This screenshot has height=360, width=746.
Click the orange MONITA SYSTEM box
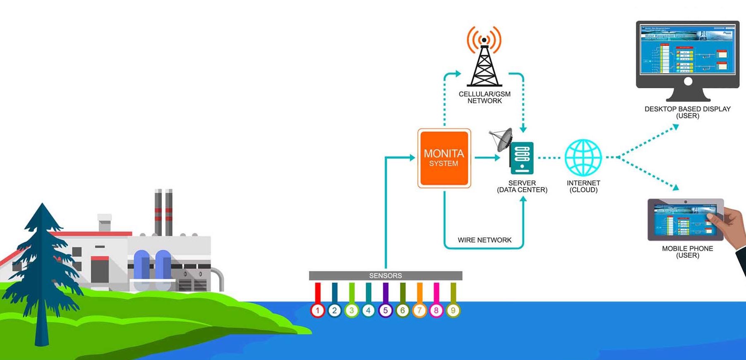pyautogui.click(x=444, y=158)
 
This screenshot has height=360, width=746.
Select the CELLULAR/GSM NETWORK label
pyautogui.click(x=485, y=97)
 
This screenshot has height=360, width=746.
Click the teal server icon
pyautogui.click(x=522, y=158)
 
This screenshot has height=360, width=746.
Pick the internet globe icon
pyautogui.click(x=583, y=158)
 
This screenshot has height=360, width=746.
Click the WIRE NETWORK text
pyautogui.click(x=485, y=240)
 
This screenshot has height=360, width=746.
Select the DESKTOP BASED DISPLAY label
pyautogui.click(x=687, y=112)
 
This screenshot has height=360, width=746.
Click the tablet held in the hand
pyautogui.click(x=685, y=220)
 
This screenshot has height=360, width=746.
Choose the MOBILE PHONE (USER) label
pyautogui.click(x=687, y=252)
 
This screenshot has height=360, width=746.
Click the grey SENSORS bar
pyautogui.click(x=385, y=276)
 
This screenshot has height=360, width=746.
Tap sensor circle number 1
pyautogui.click(x=317, y=310)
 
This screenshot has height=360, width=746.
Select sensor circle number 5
pyautogui.click(x=385, y=310)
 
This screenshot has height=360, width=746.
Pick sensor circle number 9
pyautogui.click(x=453, y=310)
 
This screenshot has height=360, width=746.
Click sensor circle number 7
pyautogui.click(x=419, y=310)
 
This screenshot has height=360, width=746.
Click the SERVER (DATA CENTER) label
pyautogui.click(x=522, y=186)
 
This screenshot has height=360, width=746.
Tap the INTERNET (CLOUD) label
pyautogui.click(x=583, y=186)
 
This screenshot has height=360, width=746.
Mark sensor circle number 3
pyautogui.click(x=351, y=310)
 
